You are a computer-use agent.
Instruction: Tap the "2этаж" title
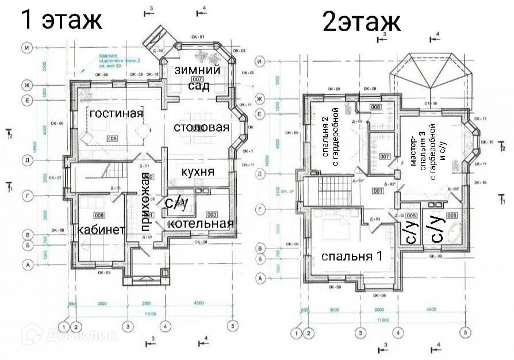[362, 23]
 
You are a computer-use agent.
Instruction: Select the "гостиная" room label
[116, 113]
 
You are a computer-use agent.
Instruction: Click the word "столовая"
[201, 127]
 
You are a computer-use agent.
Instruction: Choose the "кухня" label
[198, 171]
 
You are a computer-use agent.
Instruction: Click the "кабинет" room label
[101, 229]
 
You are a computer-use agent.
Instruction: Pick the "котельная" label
[201, 223]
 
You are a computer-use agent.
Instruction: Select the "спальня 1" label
[351, 256]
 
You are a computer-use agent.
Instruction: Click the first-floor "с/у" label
[177, 204]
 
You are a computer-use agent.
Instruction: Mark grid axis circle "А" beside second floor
[260, 278]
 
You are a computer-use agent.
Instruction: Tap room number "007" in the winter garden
[197, 79]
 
